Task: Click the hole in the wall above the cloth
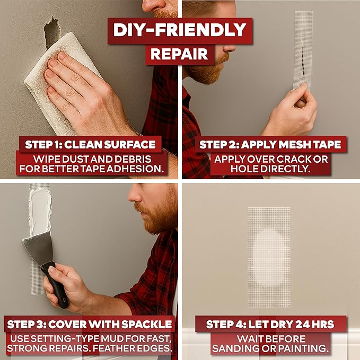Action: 52,32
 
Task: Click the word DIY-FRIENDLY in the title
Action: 180,30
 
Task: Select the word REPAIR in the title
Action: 179,54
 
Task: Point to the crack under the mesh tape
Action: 303,60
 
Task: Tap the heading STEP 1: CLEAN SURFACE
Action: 90,145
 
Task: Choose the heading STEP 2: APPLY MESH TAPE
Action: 270,145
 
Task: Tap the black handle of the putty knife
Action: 56,285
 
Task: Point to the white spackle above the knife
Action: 40,212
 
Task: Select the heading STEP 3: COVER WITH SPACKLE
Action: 90,324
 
